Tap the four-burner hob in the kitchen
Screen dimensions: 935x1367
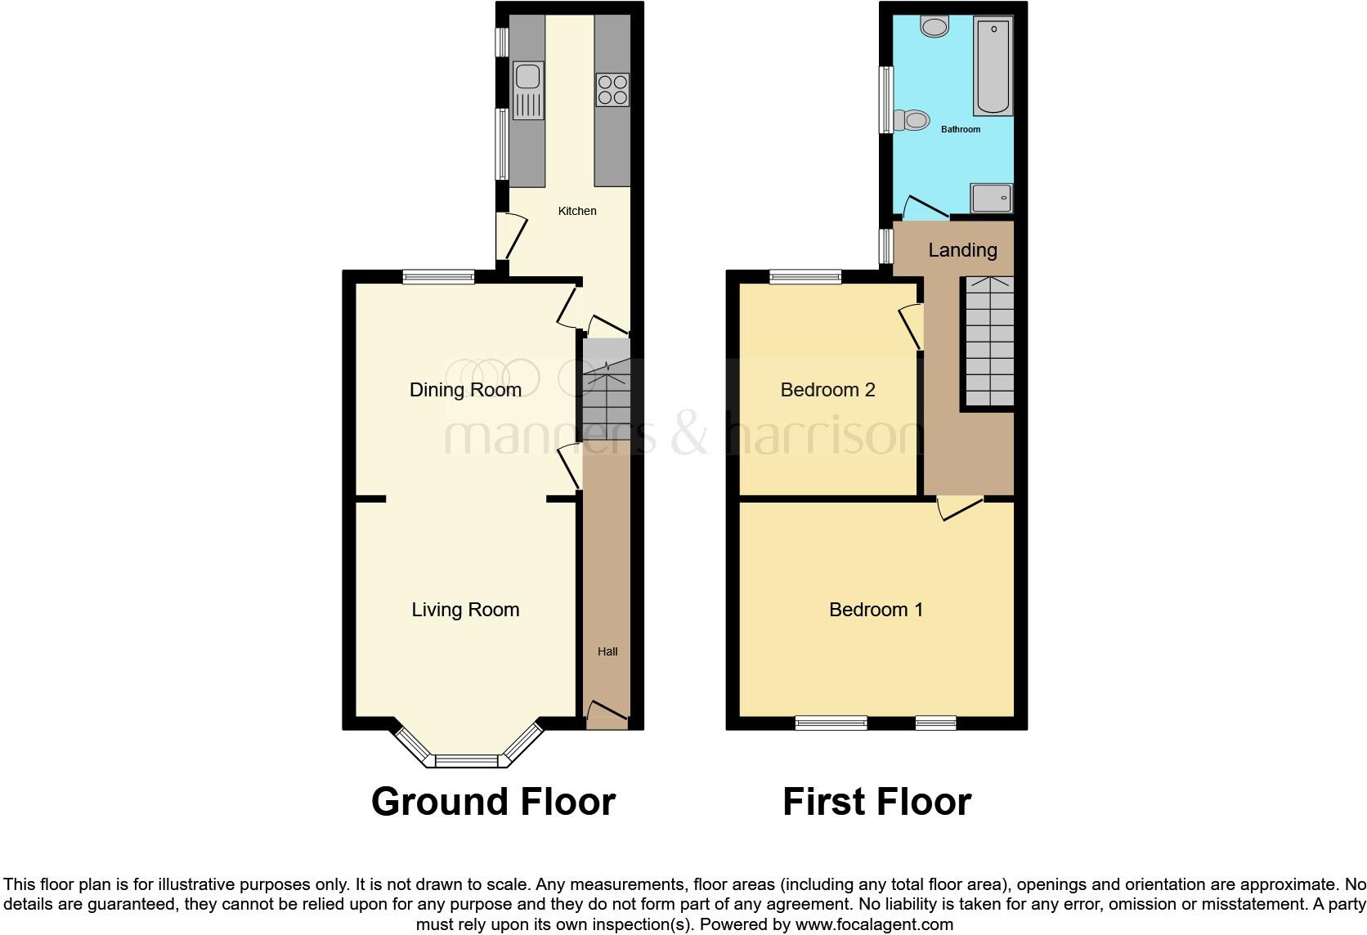pos(612,90)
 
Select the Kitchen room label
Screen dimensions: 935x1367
pos(577,211)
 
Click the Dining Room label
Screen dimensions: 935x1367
pos(465,390)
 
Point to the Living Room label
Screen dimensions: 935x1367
pos(465,610)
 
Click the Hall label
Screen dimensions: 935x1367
pos(607,651)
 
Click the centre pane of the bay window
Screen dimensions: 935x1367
pos(466,761)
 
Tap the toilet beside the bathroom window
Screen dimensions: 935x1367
pos(912,121)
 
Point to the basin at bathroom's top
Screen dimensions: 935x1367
pos(934,27)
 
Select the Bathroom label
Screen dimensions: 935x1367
pos(961,129)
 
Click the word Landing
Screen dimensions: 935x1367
pos(962,250)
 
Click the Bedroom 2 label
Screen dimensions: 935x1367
pos(827,390)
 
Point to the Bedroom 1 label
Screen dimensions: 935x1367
pos(876,610)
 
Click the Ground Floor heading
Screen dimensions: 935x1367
pos(493,802)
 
